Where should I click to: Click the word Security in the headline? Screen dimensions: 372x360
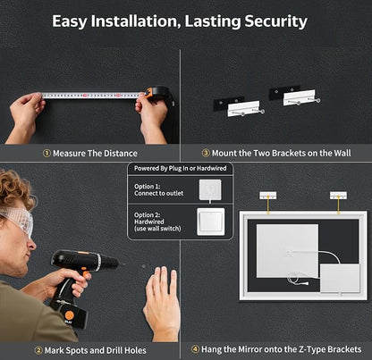pos(275,21)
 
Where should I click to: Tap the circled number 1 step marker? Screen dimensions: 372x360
pos(46,154)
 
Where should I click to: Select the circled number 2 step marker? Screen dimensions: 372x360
pos(38,350)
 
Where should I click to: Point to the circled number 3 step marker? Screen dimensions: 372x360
pos(206,153)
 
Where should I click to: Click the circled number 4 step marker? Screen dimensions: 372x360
pos(195,349)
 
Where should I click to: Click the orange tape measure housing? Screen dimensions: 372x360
pos(156,93)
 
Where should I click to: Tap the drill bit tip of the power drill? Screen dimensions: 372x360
pos(124,264)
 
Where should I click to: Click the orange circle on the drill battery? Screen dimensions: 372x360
pos(70,315)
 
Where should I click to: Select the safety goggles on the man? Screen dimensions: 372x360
pos(19,221)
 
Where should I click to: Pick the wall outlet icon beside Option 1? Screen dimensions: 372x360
pos(210,189)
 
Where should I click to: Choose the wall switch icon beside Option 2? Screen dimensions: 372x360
pos(211,222)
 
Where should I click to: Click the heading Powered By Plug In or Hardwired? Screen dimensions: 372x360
pos(181,168)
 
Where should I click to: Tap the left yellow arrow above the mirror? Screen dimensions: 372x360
pos(268,205)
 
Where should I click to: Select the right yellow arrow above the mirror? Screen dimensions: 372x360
pos(338,205)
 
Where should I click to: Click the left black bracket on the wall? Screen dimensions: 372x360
pos(228,104)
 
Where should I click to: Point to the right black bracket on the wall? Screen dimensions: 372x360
pos(284,92)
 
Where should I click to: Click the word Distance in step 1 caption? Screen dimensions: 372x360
pos(121,154)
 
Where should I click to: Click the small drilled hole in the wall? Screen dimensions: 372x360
pos(144,266)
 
